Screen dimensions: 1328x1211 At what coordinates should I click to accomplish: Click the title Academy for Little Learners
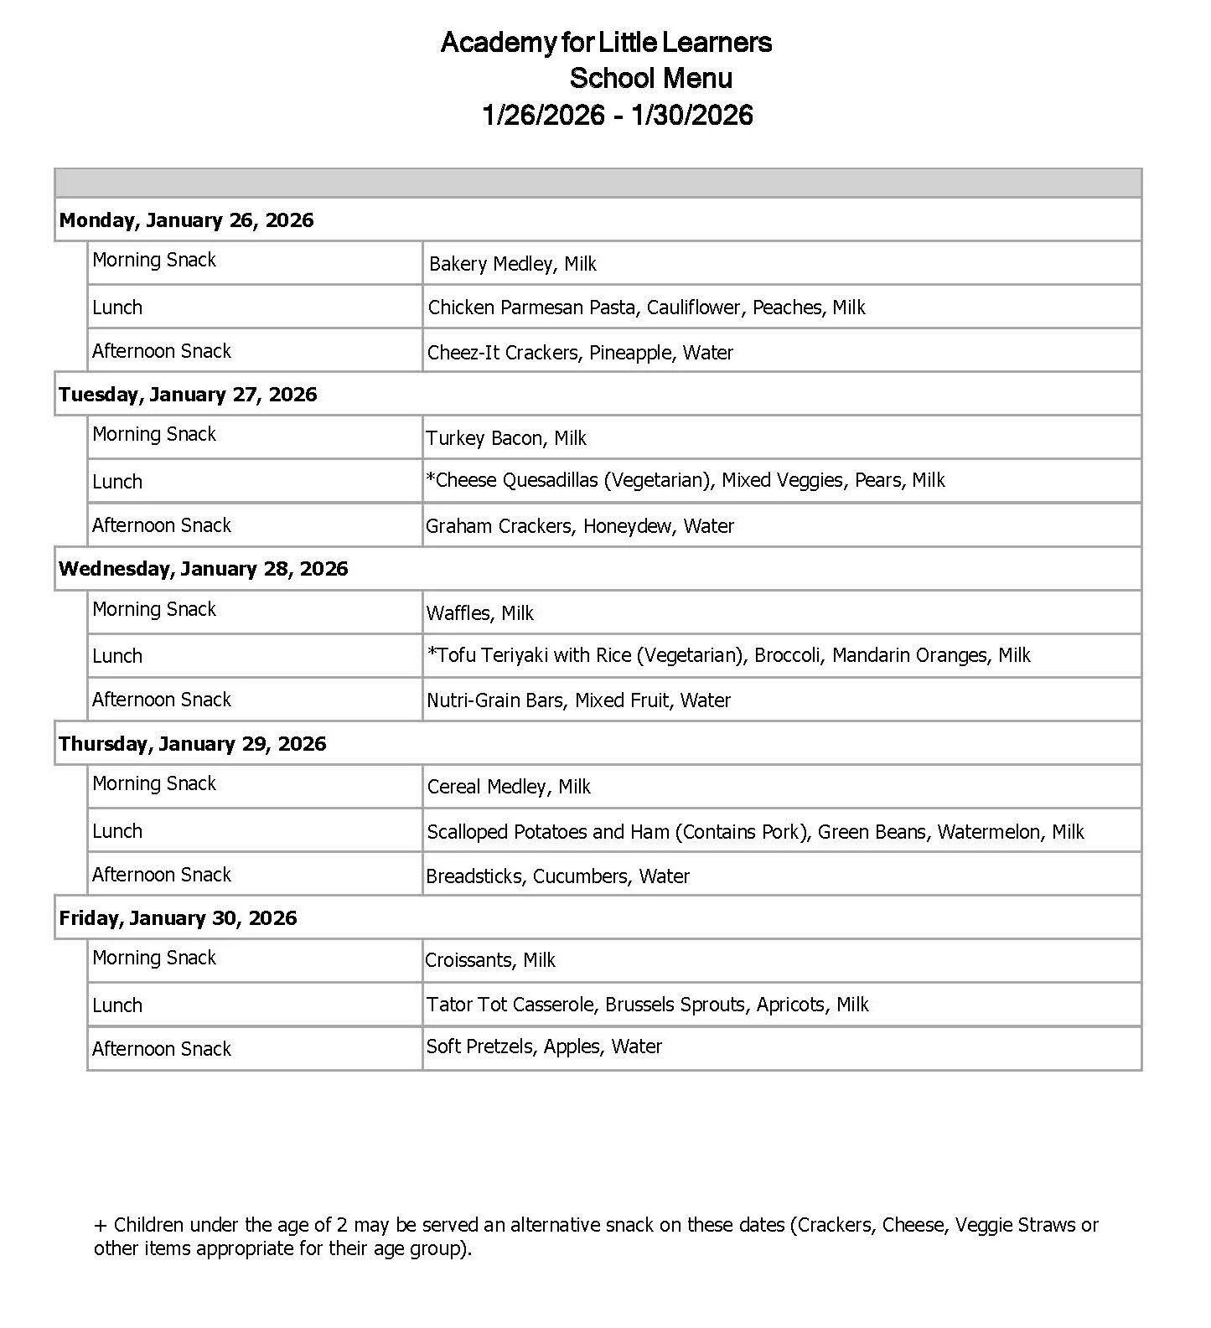pyautogui.click(x=606, y=42)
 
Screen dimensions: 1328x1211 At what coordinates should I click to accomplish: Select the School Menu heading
pyautogui.click(x=650, y=78)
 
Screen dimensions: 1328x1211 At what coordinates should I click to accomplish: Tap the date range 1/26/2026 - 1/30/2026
pyautogui.click(x=618, y=115)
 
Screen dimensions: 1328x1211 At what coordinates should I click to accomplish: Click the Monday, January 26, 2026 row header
pyautogui.click(x=186, y=220)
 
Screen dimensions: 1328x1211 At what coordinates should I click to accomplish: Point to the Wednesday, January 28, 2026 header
pyautogui.click(x=203, y=569)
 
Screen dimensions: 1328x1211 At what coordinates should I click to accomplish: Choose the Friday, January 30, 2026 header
pyautogui.click(x=178, y=918)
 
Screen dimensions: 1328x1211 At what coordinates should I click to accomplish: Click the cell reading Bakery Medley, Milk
pyautogui.click(x=512, y=264)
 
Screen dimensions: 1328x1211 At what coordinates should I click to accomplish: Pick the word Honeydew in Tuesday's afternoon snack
pyautogui.click(x=627, y=526)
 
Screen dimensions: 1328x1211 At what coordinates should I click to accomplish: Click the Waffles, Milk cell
pyautogui.click(x=479, y=613)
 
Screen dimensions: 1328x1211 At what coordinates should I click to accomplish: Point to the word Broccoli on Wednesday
pyautogui.click(x=788, y=655)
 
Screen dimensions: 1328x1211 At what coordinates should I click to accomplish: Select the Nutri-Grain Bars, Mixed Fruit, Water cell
pyautogui.click(x=578, y=700)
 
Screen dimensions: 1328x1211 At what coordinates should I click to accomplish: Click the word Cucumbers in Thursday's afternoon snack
pyautogui.click(x=580, y=876)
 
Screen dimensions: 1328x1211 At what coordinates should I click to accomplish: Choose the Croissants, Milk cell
pyautogui.click(x=489, y=960)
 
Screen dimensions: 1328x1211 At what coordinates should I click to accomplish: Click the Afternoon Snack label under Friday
pyautogui.click(x=162, y=1049)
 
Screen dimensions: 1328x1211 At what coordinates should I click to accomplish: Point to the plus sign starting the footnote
pyautogui.click(x=101, y=1225)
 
